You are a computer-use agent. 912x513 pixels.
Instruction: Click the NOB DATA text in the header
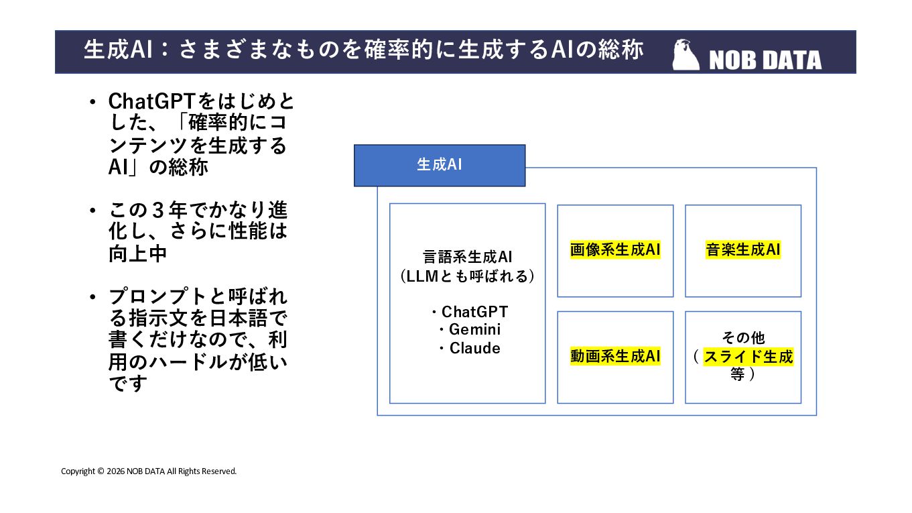[x=765, y=60]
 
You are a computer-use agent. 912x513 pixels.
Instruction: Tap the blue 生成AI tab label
[x=439, y=165]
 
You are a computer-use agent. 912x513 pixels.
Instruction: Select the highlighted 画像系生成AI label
[x=615, y=250]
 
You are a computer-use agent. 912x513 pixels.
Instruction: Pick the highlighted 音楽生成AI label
[x=743, y=250]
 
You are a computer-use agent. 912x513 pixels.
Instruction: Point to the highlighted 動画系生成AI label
[x=615, y=356]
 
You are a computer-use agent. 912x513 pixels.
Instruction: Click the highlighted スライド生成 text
[x=748, y=356]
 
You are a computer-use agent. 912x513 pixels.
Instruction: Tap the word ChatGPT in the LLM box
[x=474, y=312]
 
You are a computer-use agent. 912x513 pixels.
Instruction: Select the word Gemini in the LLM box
[x=474, y=330]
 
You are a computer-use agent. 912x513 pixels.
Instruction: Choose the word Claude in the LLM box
[x=474, y=348]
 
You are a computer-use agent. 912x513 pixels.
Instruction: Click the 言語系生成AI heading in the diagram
[x=467, y=257]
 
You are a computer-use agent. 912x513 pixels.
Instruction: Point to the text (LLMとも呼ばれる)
[x=467, y=276]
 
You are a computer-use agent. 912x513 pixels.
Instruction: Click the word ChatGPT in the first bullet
[x=151, y=102]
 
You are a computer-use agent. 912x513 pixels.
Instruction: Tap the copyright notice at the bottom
[x=149, y=471]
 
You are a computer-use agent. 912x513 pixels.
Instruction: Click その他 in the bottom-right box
[x=743, y=337]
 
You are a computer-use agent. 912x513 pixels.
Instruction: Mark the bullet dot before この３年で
[x=93, y=211]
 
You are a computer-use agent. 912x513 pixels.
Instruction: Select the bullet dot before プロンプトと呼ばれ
[x=93, y=297]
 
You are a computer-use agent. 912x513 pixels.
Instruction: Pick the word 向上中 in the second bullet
[x=138, y=254]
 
